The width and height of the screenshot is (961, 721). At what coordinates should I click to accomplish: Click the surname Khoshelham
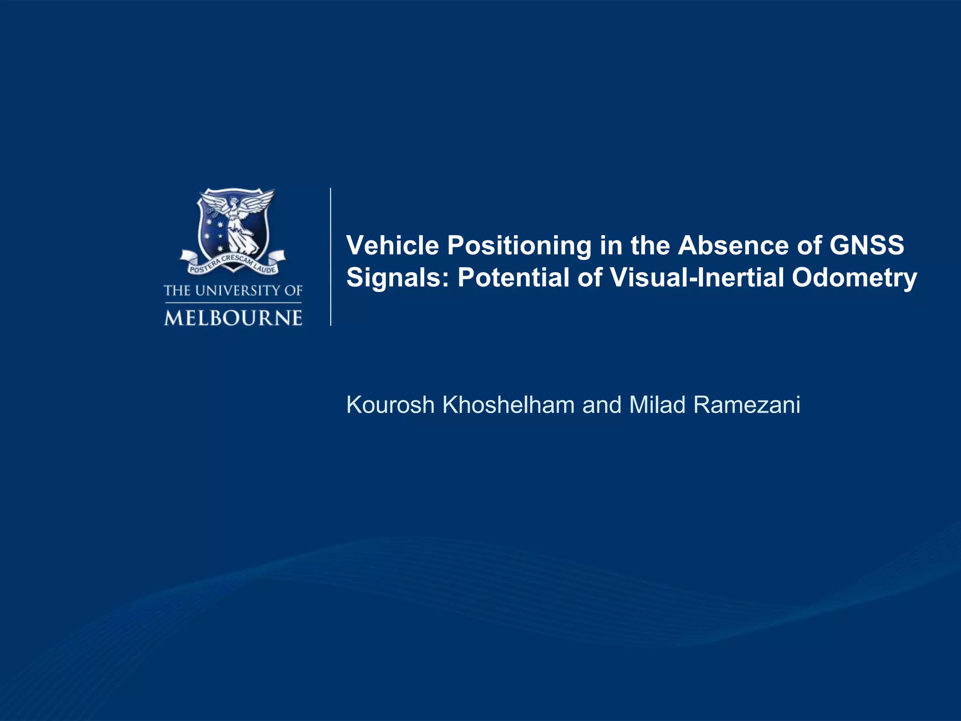[509, 405]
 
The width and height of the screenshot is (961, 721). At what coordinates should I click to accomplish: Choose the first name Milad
[657, 405]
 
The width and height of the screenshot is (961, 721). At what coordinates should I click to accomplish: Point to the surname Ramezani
[747, 405]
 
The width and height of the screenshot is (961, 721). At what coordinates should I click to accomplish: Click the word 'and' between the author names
[602, 405]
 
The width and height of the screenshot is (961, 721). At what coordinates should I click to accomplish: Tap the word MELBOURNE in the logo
[233, 318]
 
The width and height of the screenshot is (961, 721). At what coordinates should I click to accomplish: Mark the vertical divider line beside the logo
[331, 256]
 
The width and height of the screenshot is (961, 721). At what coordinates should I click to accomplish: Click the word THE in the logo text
[177, 291]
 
